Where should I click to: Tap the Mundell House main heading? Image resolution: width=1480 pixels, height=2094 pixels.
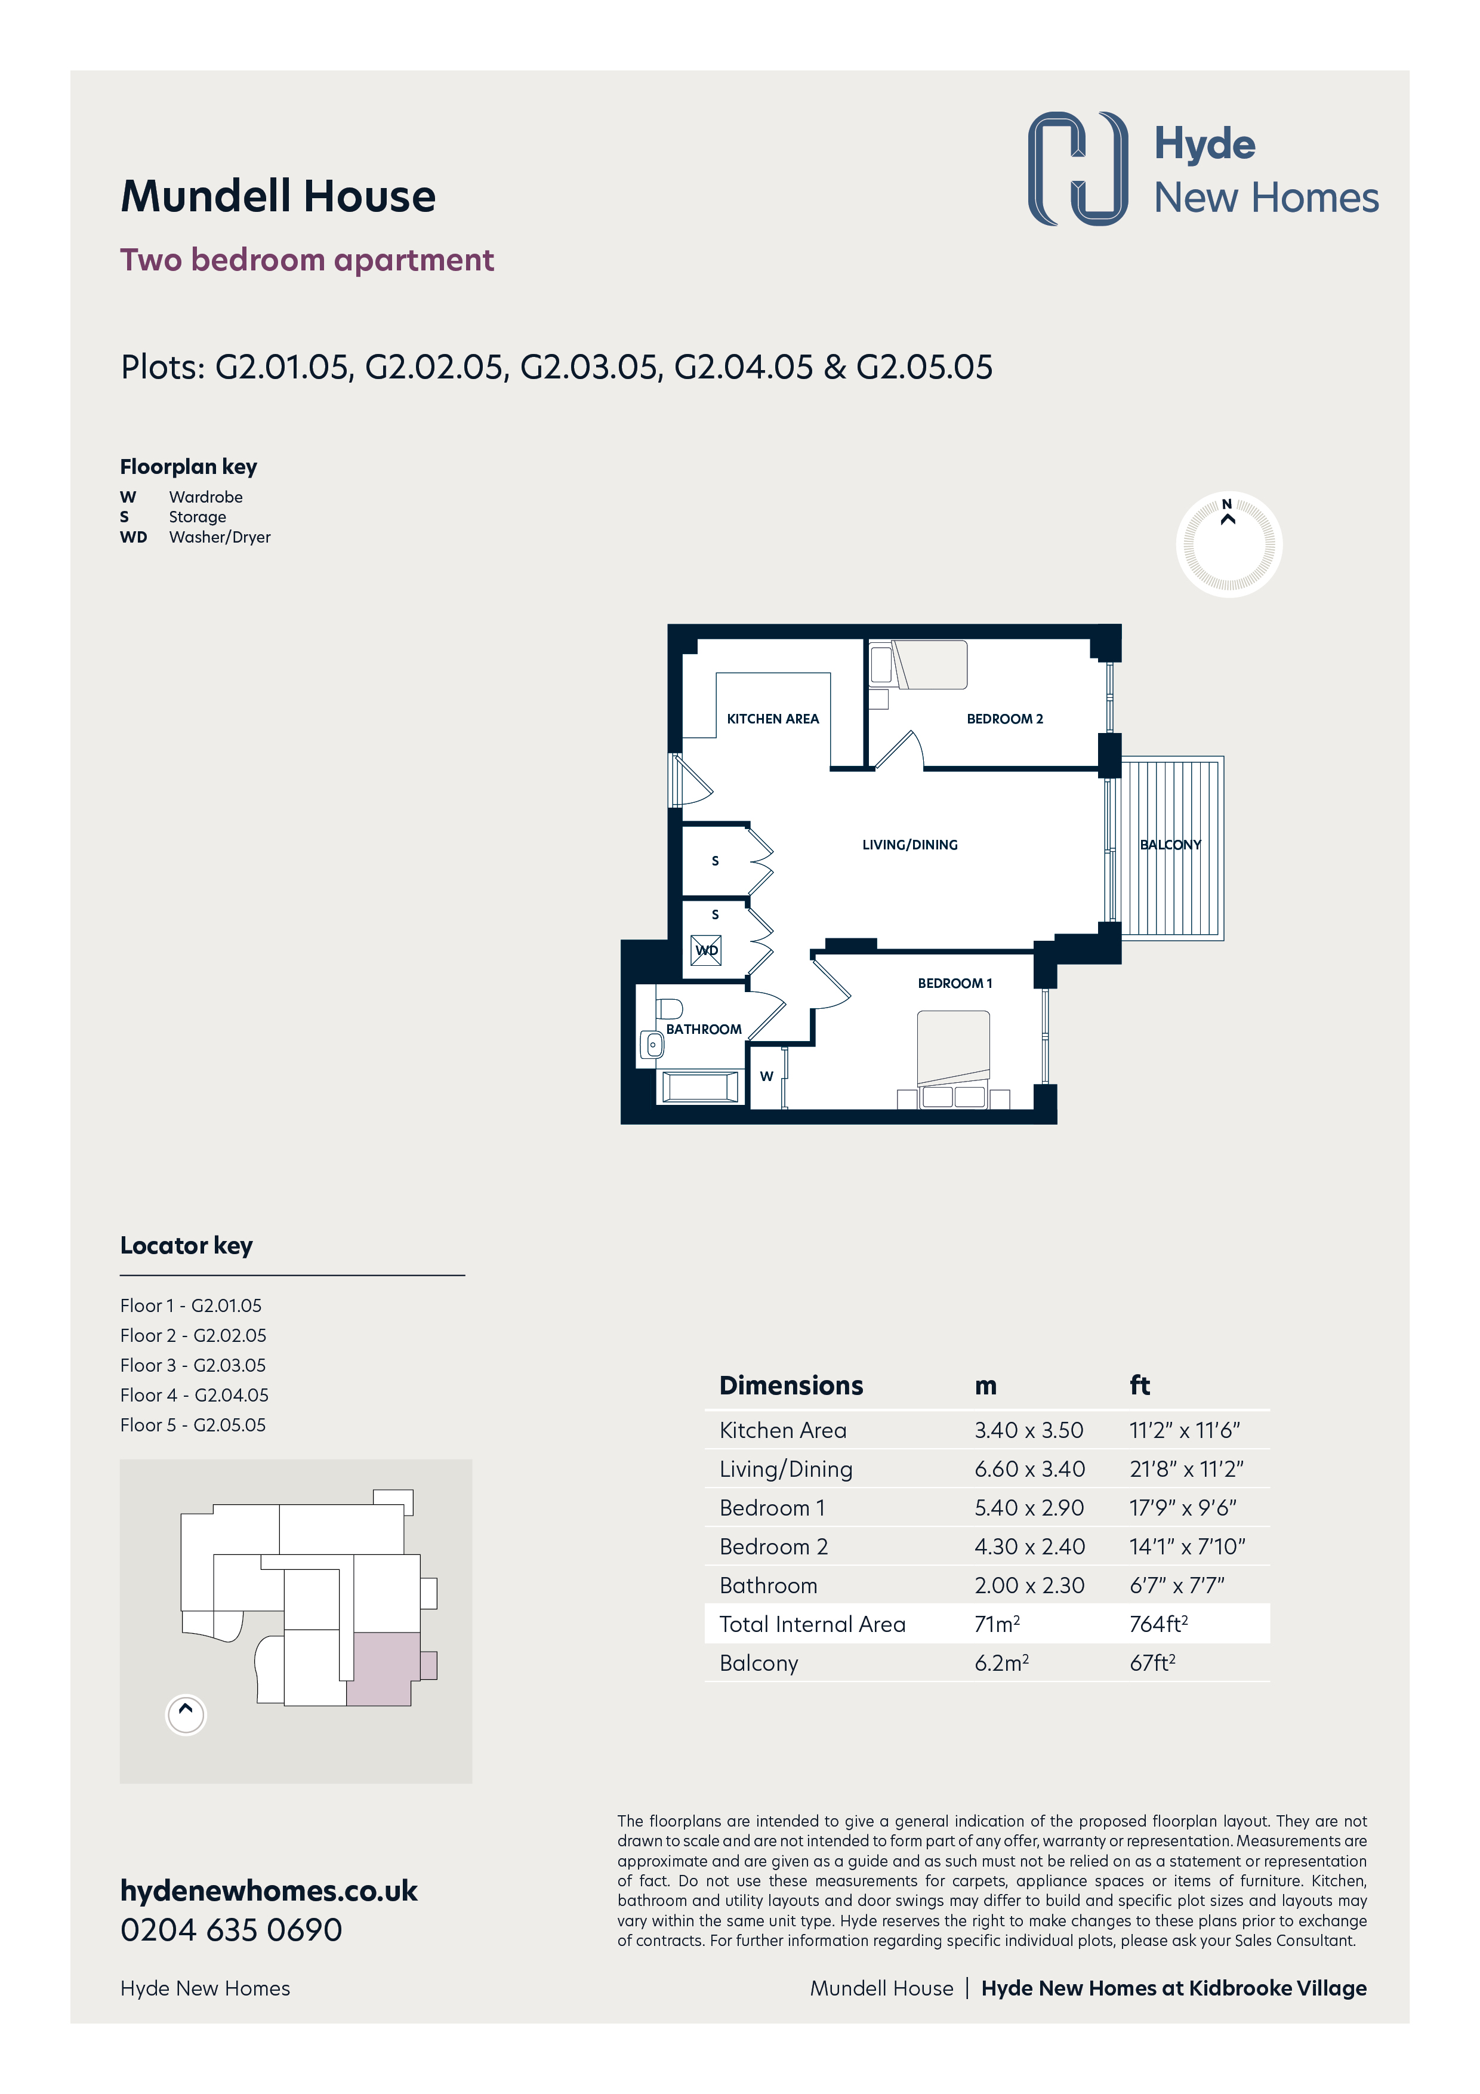coord(278,197)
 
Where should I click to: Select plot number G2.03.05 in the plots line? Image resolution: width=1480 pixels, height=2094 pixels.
coord(589,368)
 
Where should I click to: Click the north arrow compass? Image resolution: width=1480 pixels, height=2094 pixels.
coord(1228,544)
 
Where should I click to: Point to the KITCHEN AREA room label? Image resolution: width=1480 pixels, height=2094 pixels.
coord(772,719)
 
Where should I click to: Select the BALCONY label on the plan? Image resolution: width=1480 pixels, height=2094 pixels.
coord(1170,845)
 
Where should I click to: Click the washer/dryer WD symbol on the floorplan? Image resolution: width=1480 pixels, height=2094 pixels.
coord(706,950)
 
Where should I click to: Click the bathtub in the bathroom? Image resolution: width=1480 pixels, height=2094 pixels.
coord(699,1087)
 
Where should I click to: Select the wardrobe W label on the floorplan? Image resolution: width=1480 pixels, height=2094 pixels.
coord(766,1076)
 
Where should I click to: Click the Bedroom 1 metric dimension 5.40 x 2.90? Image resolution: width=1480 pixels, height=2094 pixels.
coord(1029,1508)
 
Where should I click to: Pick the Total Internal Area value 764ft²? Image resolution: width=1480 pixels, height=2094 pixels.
coord(1158,1624)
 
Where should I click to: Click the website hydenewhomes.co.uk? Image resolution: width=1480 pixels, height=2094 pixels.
coord(269,1890)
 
